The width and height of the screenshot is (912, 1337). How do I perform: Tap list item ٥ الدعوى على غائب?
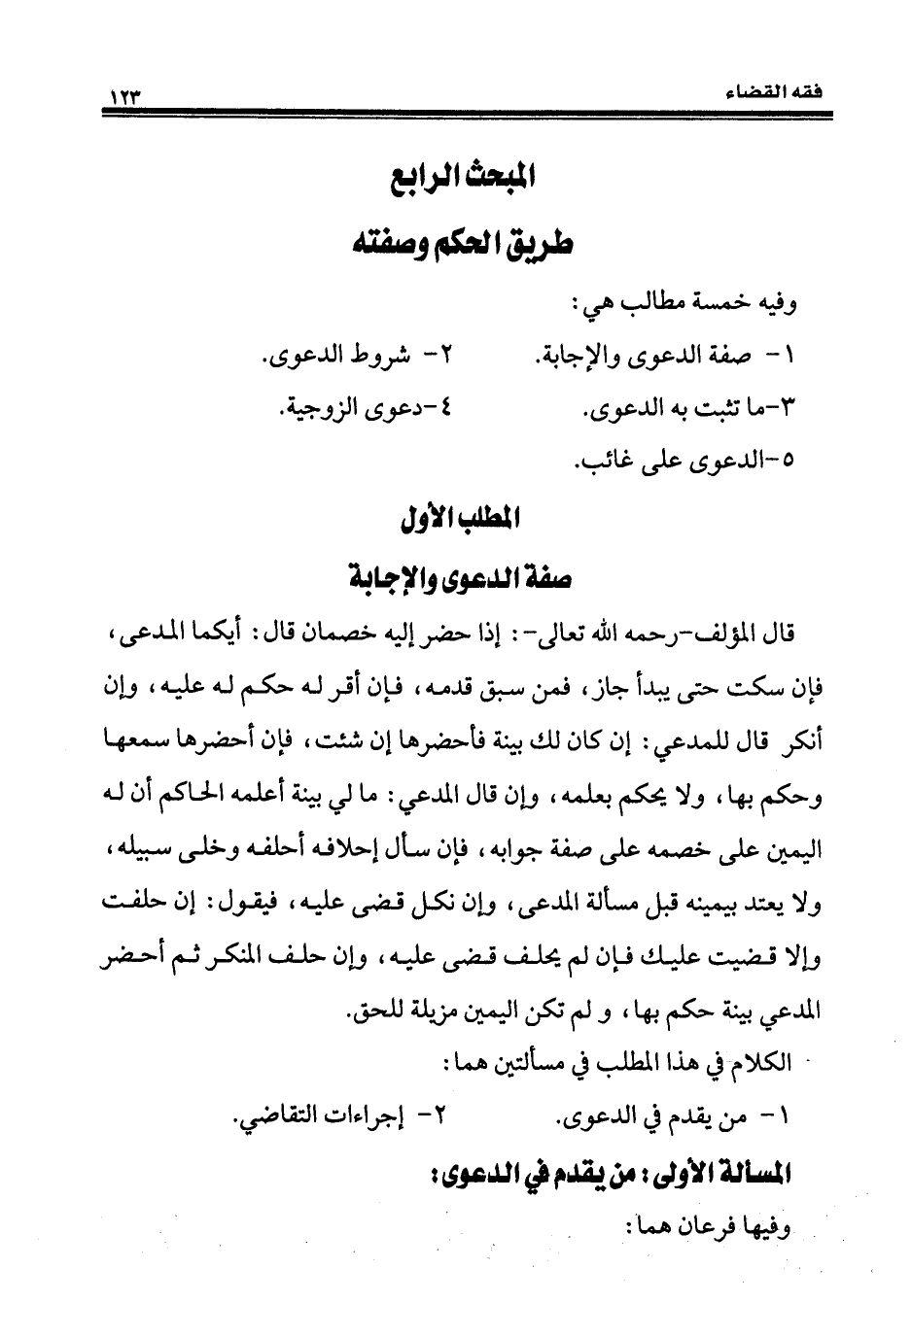click(687, 463)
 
